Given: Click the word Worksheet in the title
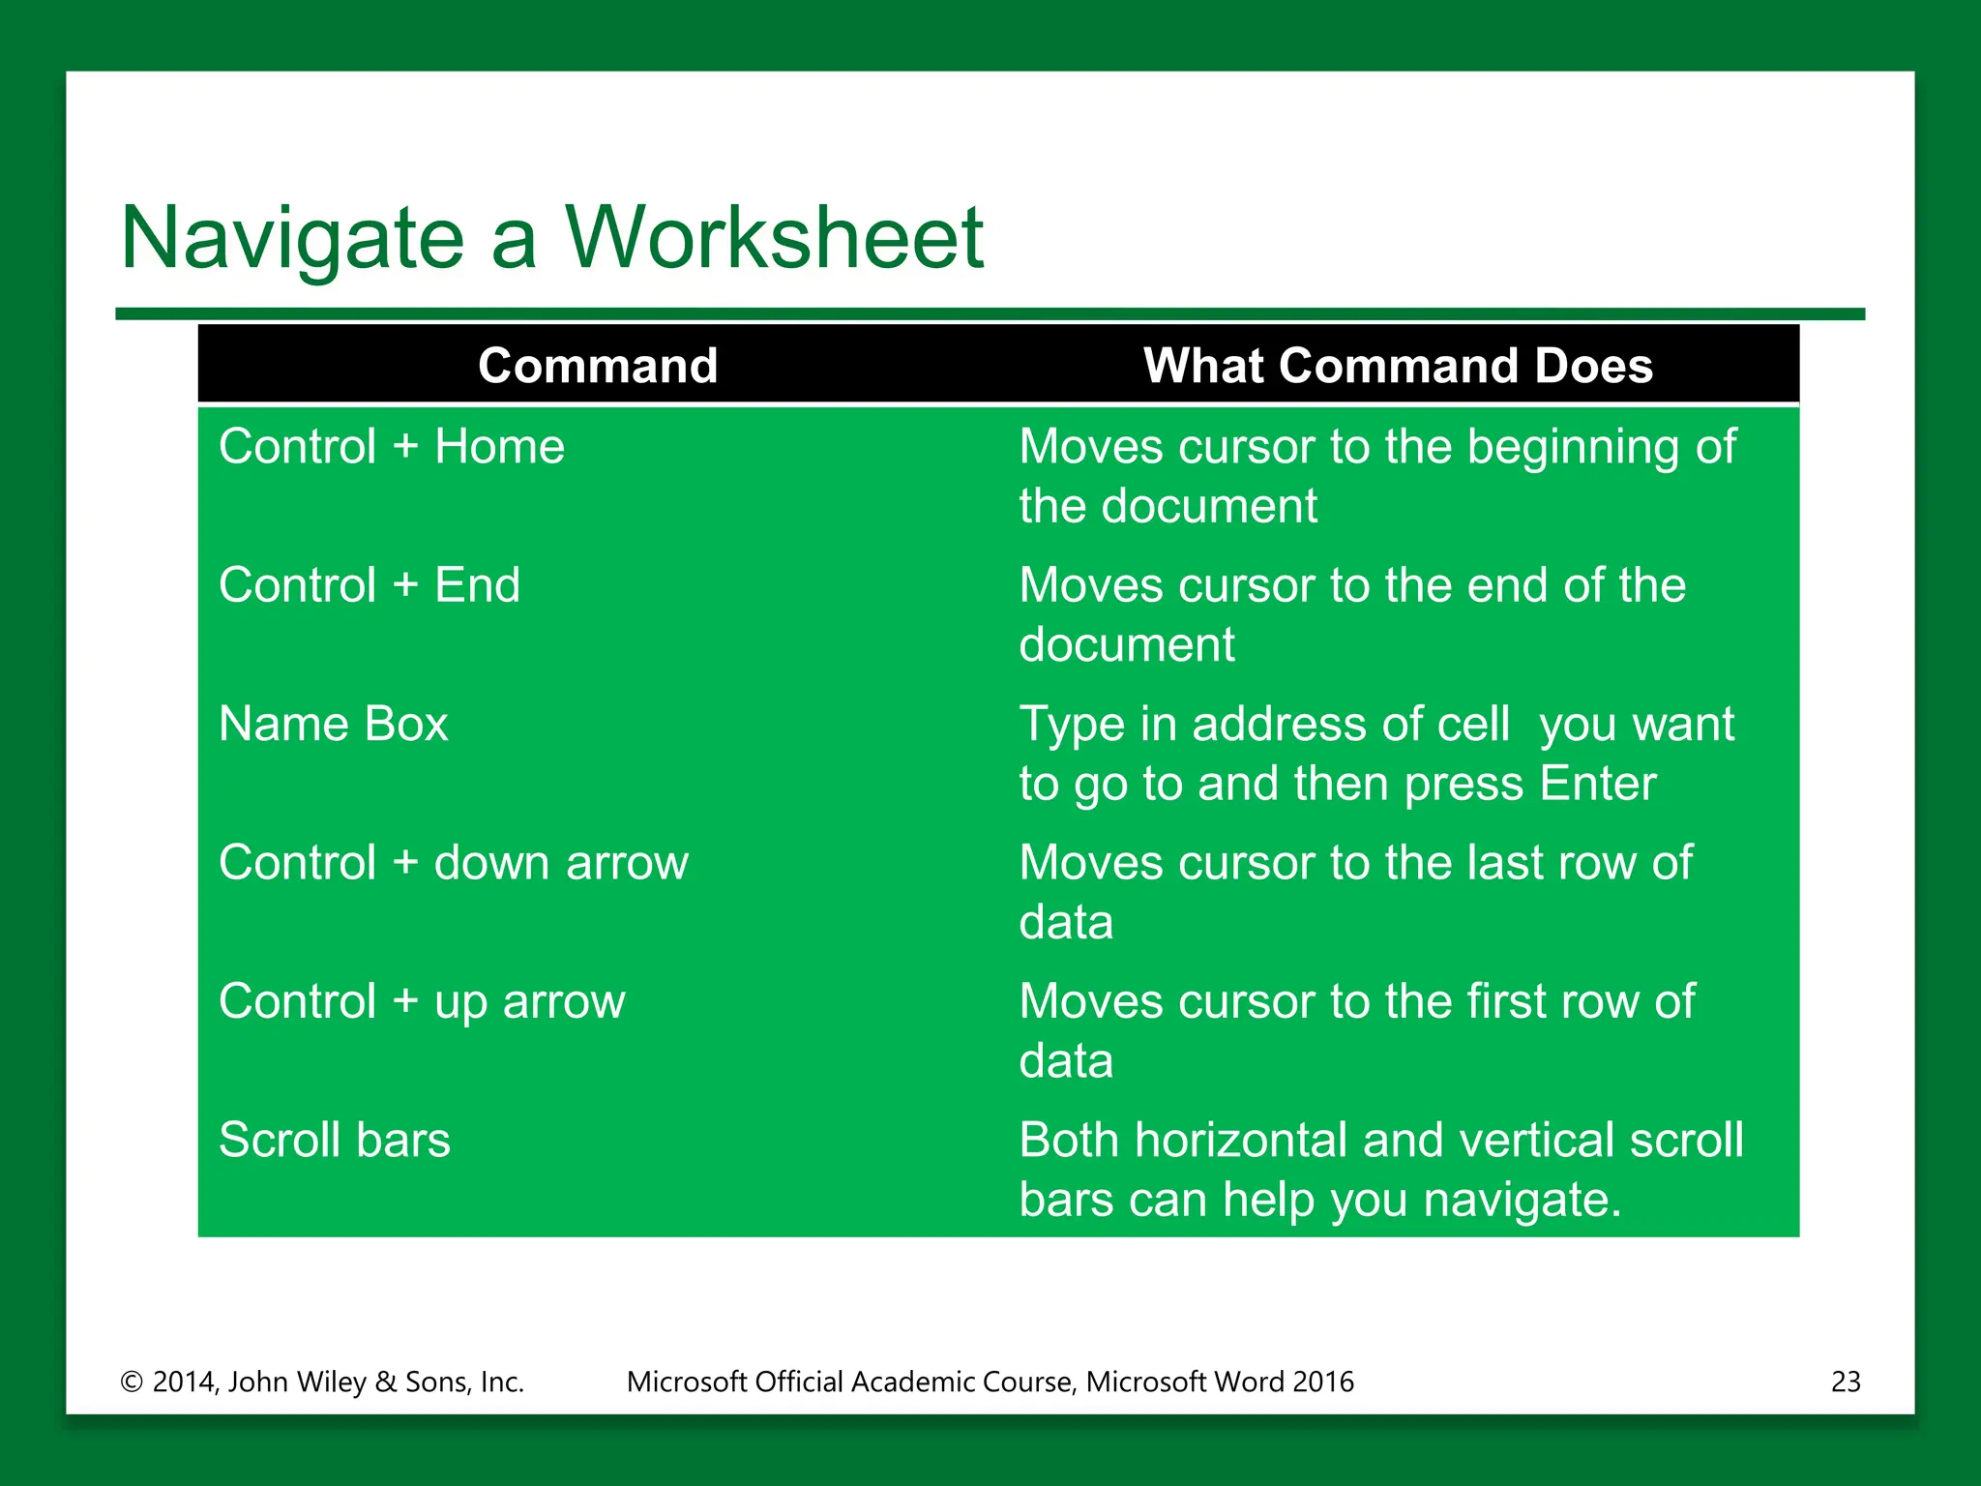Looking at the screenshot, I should pos(774,238).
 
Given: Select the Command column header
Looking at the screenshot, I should pos(598,366).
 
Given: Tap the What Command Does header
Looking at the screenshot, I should pos(1398,366).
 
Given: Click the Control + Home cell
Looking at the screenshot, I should pos(392,447).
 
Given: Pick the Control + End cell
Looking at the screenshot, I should pos(370,585).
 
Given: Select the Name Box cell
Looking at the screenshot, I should pos(334,724).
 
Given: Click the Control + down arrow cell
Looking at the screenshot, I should pos(454,862).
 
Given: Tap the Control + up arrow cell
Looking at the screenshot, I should pos(422,1001).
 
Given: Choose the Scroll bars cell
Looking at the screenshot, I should pos(335,1140).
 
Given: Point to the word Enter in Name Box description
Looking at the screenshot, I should pos(1598,784).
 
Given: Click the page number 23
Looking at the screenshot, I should pos(1846,1382).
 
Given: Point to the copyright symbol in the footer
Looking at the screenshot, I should pos(132,1382).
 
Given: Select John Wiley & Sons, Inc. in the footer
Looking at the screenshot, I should pos(376,1382).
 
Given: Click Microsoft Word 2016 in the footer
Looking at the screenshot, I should pos(1220,1382).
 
